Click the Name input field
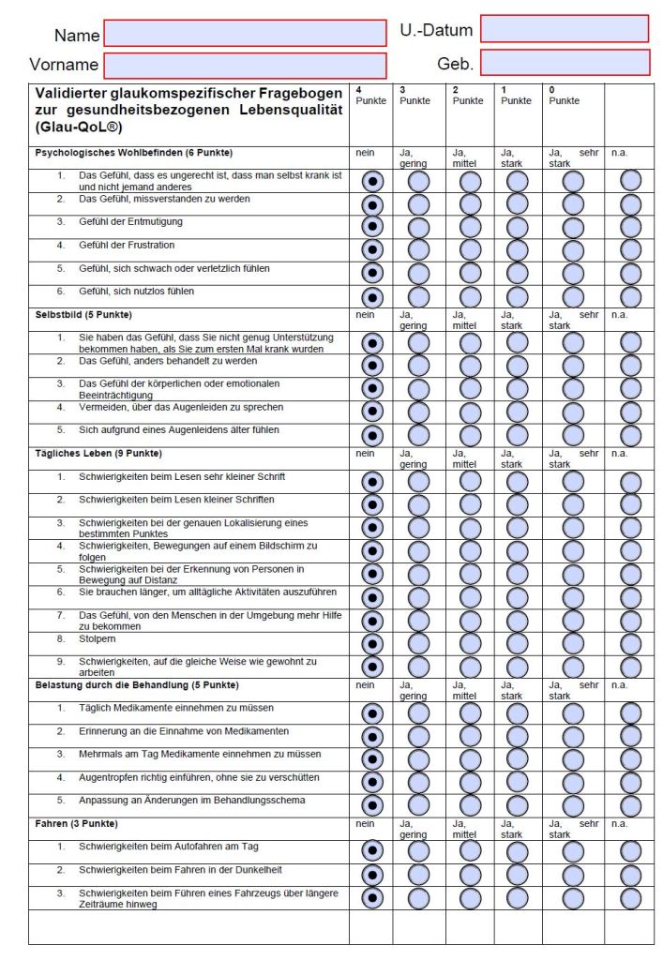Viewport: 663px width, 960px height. (x=245, y=34)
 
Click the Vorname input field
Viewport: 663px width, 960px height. (x=245, y=66)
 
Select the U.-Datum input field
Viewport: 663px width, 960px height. (x=564, y=29)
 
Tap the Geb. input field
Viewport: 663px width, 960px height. (x=565, y=63)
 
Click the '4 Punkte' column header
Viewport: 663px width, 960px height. (x=370, y=96)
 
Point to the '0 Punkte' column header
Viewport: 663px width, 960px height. (x=565, y=96)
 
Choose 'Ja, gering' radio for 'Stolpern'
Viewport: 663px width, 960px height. (x=418, y=643)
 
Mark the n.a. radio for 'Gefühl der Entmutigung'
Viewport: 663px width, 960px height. (x=631, y=226)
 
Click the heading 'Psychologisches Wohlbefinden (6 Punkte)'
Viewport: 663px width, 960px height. (x=134, y=152)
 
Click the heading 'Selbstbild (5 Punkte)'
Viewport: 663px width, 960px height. (x=83, y=314)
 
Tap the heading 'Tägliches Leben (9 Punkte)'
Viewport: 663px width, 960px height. (x=98, y=454)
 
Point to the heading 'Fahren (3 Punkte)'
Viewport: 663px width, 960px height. (x=77, y=823)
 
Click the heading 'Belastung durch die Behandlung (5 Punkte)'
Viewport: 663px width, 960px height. (x=137, y=684)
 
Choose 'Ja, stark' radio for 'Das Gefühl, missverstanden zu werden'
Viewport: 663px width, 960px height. (x=517, y=203)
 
